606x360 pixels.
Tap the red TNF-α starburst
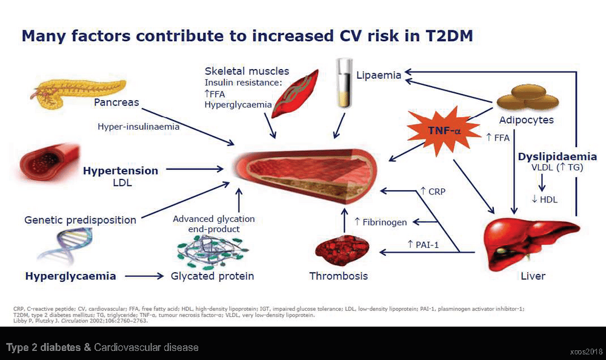click(x=444, y=131)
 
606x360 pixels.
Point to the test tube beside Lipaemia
click(x=344, y=83)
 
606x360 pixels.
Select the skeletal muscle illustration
click(x=295, y=94)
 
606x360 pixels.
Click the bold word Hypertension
click(x=121, y=170)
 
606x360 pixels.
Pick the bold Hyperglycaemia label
click(x=71, y=276)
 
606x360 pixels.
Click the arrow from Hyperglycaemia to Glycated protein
click(x=145, y=276)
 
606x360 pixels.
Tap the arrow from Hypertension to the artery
click(x=195, y=169)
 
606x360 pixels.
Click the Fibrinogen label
click(x=381, y=222)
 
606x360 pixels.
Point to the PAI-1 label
click(x=423, y=244)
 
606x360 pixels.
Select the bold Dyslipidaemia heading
click(x=558, y=156)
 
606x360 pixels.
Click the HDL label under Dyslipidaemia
click(x=545, y=199)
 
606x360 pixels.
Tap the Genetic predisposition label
click(x=81, y=220)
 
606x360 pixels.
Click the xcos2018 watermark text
click(x=586, y=352)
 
